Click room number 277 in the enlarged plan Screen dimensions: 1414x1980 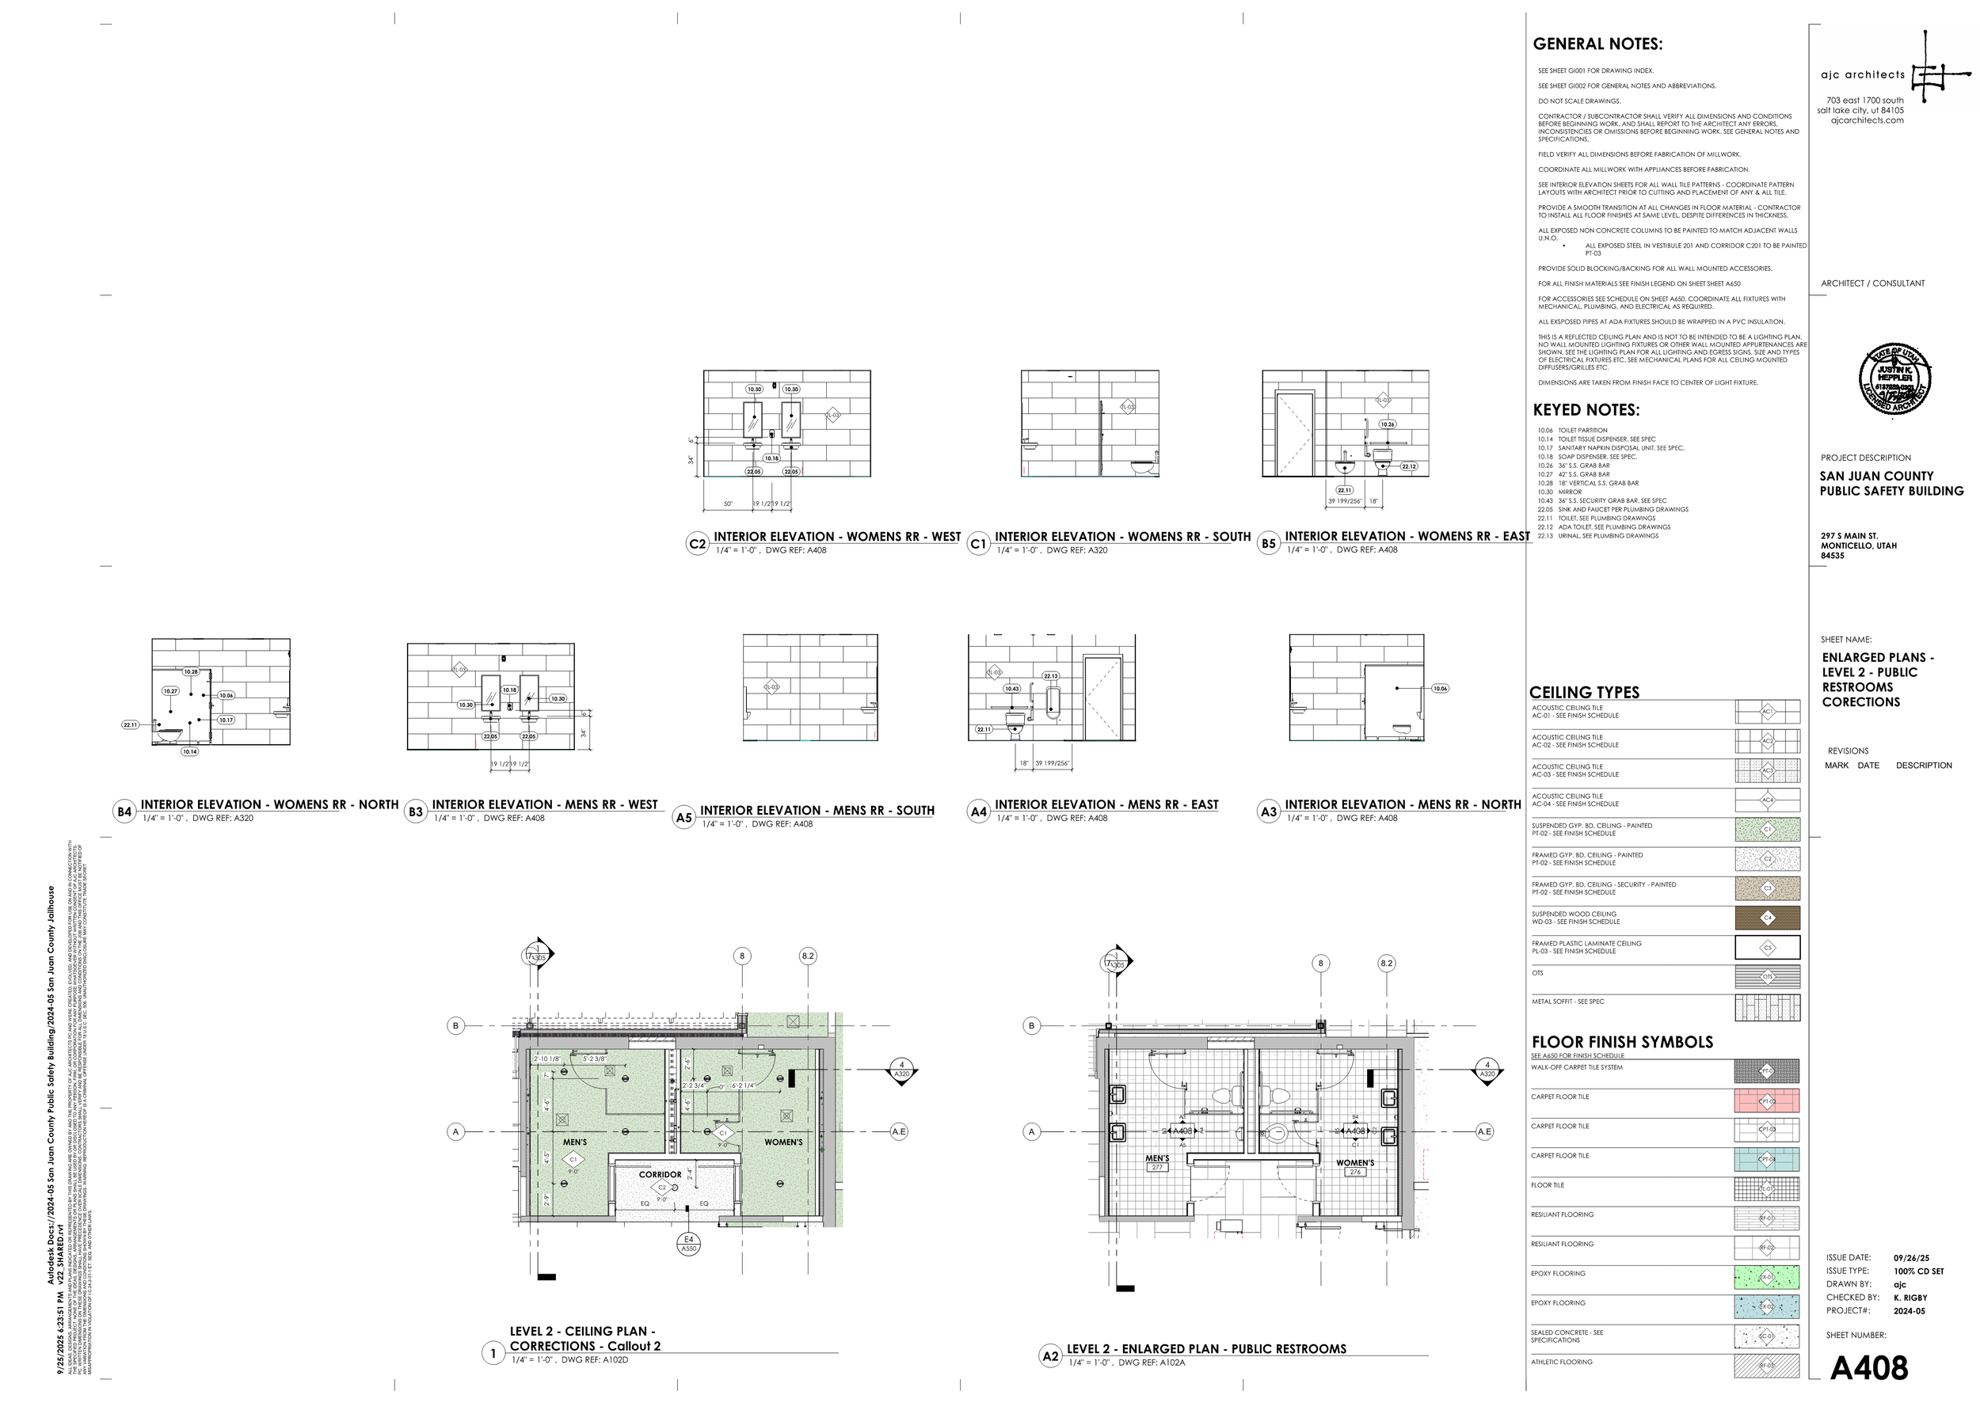pyautogui.click(x=1157, y=1168)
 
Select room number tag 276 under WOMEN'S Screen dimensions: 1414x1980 pyautogui.click(x=1354, y=1172)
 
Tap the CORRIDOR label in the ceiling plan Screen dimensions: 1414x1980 pyautogui.click(x=660, y=1175)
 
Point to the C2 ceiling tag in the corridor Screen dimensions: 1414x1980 pyautogui.click(x=661, y=1187)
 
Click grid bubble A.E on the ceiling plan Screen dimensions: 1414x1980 pyautogui.click(x=898, y=1132)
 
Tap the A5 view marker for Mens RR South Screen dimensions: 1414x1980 pyautogui.click(x=683, y=818)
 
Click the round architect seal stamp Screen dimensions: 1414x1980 pyautogui.click(x=1894, y=378)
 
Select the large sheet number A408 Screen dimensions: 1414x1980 pyautogui.click(x=1868, y=1369)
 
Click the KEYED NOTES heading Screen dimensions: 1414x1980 pyautogui.click(x=1586, y=410)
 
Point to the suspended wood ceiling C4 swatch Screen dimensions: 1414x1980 pyautogui.click(x=1767, y=918)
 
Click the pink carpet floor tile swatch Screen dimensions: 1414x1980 pyautogui.click(x=1767, y=1100)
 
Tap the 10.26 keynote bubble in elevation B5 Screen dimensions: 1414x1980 pyautogui.click(x=1387, y=424)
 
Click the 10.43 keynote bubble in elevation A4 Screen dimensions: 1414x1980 pyautogui.click(x=1011, y=688)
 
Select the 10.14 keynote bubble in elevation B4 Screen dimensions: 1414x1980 pyautogui.click(x=190, y=751)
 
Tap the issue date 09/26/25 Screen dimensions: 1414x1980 pyautogui.click(x=1911, y=1258)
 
